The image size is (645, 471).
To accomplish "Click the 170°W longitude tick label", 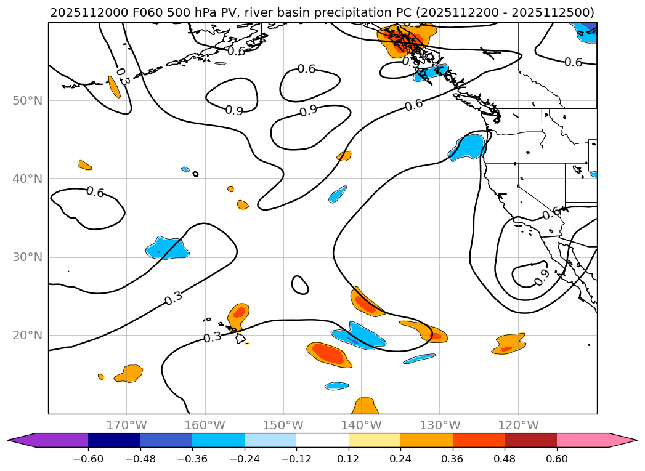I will pos(126,425).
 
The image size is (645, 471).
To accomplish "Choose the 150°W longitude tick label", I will pos(283,425).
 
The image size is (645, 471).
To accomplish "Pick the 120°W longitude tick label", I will pos(519,425).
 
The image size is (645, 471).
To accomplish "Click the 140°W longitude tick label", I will pos(362,425).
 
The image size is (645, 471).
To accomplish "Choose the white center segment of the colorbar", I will pos(322,440).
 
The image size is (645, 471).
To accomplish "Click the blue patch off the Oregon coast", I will pos(468,148).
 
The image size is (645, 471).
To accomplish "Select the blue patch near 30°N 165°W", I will pos(167,248).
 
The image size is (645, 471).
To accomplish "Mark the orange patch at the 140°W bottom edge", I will pos(365,406).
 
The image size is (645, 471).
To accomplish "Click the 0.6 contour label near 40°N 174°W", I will pos(95,192).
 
